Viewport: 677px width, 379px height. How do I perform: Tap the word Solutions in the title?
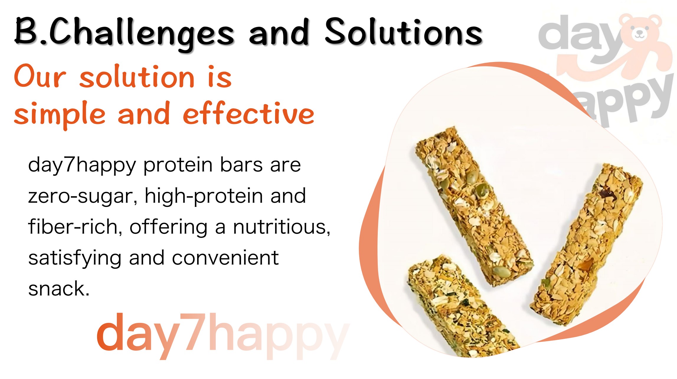404,32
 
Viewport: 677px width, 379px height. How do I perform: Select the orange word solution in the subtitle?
137,77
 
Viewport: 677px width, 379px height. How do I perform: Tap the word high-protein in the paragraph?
204,197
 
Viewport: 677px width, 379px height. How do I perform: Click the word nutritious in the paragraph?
282,228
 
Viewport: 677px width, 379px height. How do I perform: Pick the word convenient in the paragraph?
225,258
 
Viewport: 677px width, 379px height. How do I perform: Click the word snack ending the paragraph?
59,289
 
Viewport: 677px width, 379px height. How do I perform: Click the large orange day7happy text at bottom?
223,336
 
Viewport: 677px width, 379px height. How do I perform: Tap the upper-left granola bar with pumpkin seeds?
474,207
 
